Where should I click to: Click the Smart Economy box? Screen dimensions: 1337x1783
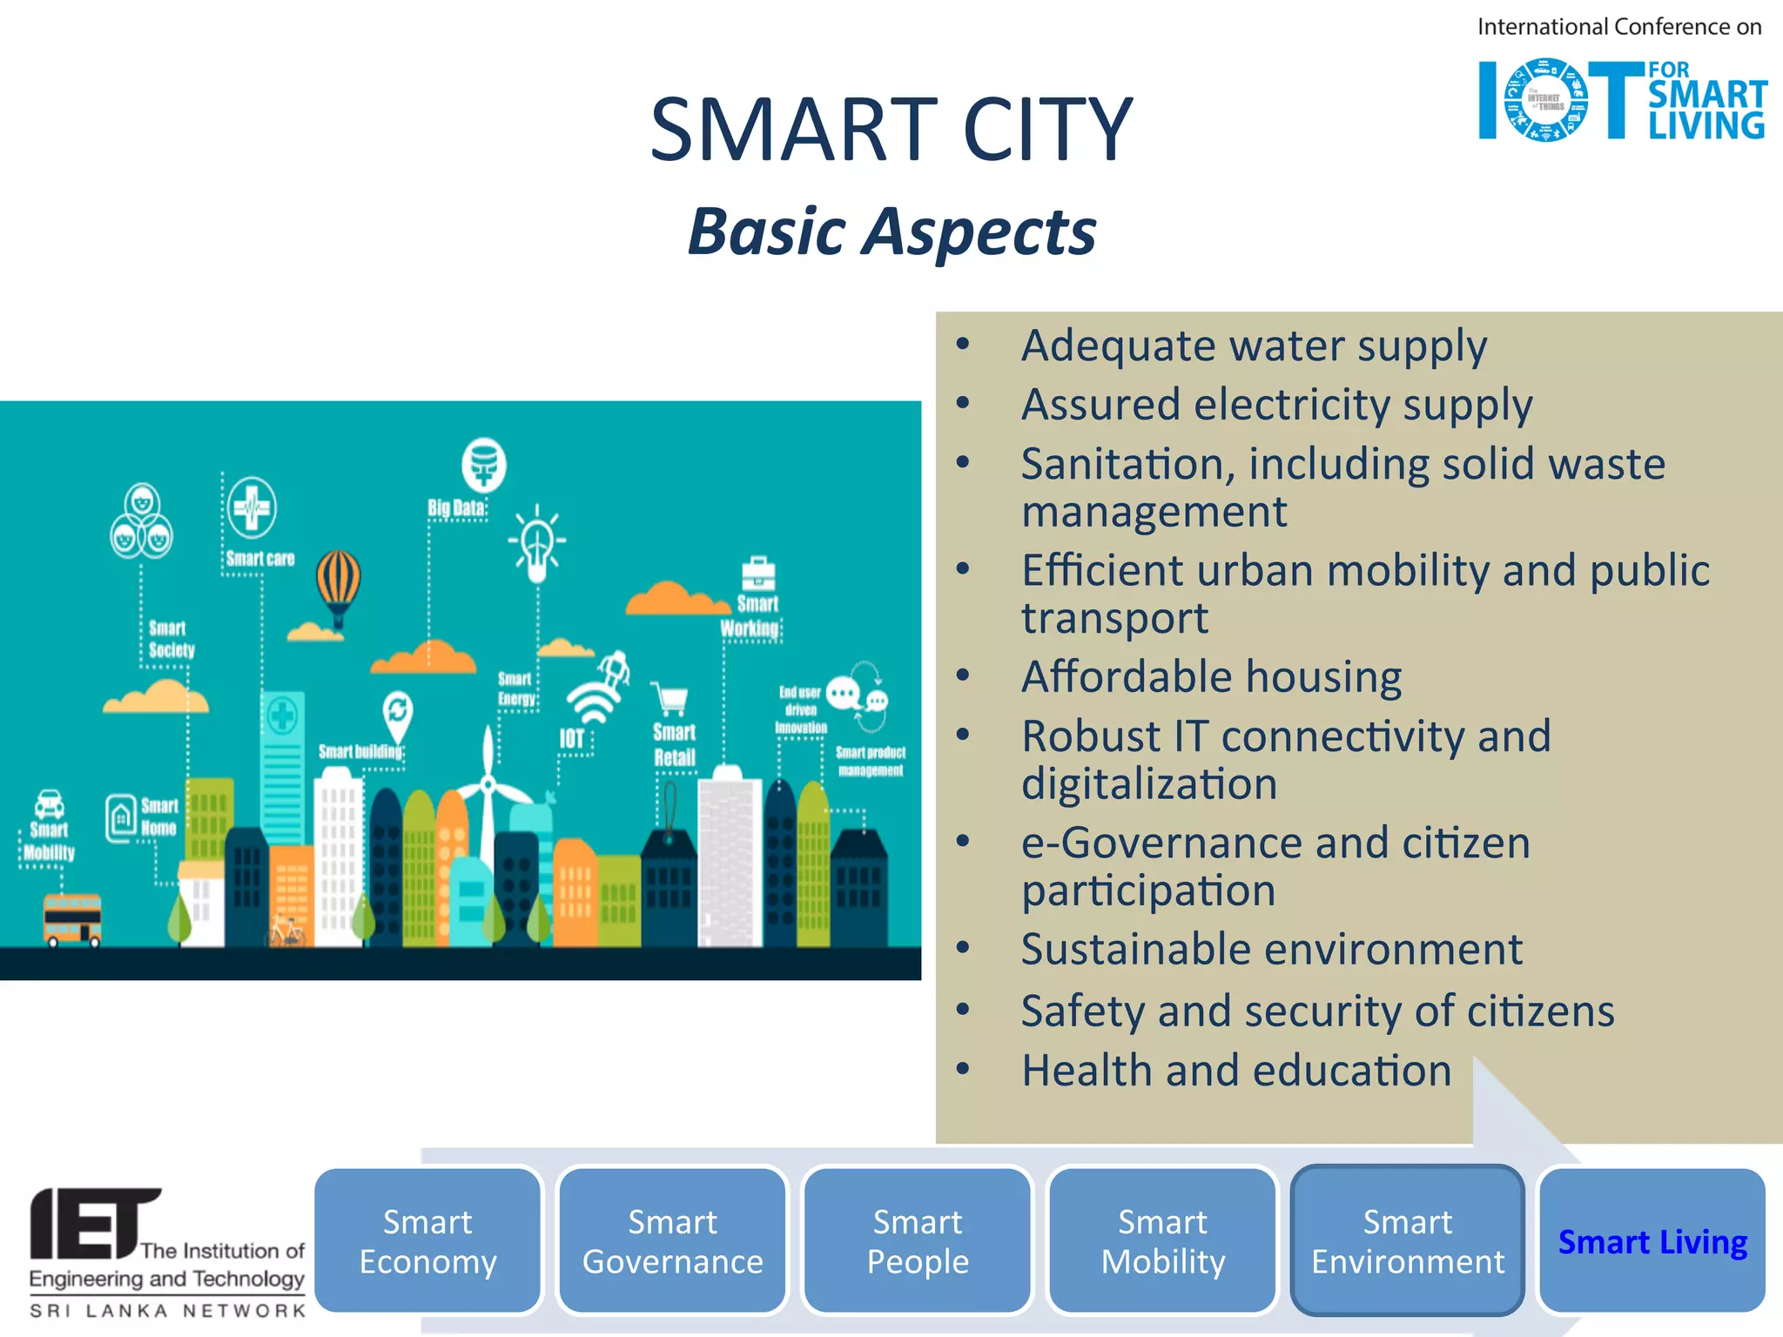(427, 1240)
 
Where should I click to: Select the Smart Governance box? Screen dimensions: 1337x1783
(672, 1240)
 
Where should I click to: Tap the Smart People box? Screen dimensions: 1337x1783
(918, 1240)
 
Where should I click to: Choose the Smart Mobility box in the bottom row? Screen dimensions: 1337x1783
(1162, 1240)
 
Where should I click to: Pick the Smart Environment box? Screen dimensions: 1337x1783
(1408, 1240)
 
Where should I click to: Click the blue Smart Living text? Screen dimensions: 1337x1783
(1652, 1242)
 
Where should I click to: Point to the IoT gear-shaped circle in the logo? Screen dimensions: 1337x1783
(1545, 100)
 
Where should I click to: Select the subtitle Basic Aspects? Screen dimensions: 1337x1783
(891, 232)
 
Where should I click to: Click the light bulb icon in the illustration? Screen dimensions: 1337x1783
(537, 544)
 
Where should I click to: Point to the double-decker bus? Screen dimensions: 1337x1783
(72, 919)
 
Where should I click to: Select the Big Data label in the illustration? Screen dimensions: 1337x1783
(455, 507)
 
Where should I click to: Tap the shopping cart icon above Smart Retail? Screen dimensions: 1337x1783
(670, 699)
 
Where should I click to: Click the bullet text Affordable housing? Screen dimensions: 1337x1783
(1211, 677)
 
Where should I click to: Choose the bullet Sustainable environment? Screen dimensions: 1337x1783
(1271, 949)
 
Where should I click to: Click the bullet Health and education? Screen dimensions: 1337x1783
(1236, 1070)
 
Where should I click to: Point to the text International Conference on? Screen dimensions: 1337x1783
(1618, 27)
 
